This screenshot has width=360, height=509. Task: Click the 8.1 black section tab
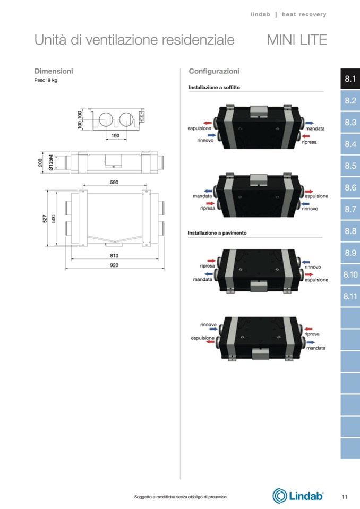click(x=350, y=79)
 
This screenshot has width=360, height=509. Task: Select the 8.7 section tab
click(x=350, y=209)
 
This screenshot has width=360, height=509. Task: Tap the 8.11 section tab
click(x=350, y=296)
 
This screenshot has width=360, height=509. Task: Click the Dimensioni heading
click(x=54, y=71)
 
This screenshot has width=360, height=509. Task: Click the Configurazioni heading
click(x=214, y=71)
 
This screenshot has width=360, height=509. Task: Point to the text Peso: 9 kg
click(x=46, y=80)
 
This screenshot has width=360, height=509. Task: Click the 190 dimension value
click(x=115, y=136)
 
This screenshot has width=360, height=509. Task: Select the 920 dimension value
click(x=114, y=265)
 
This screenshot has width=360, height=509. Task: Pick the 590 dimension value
click(x=114, y=183)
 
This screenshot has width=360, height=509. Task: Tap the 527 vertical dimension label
click(x=45, y=219)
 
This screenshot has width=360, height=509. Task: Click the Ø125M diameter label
click(x=51, y=162)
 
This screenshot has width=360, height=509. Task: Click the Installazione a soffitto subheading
click(x=214, y=88)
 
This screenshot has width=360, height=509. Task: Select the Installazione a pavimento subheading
click(x=217, y=233)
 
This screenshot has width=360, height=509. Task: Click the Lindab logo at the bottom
click(x=298, y=496)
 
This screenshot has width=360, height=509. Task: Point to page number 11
click(x=345, y=497)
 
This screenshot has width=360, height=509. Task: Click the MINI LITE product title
click(x=297, y=40)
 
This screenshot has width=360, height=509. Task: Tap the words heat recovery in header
click(x=304, y=15)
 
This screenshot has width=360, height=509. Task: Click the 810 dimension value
click(x=114, y=256)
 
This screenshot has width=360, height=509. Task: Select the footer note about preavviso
click(x=180, y=497)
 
